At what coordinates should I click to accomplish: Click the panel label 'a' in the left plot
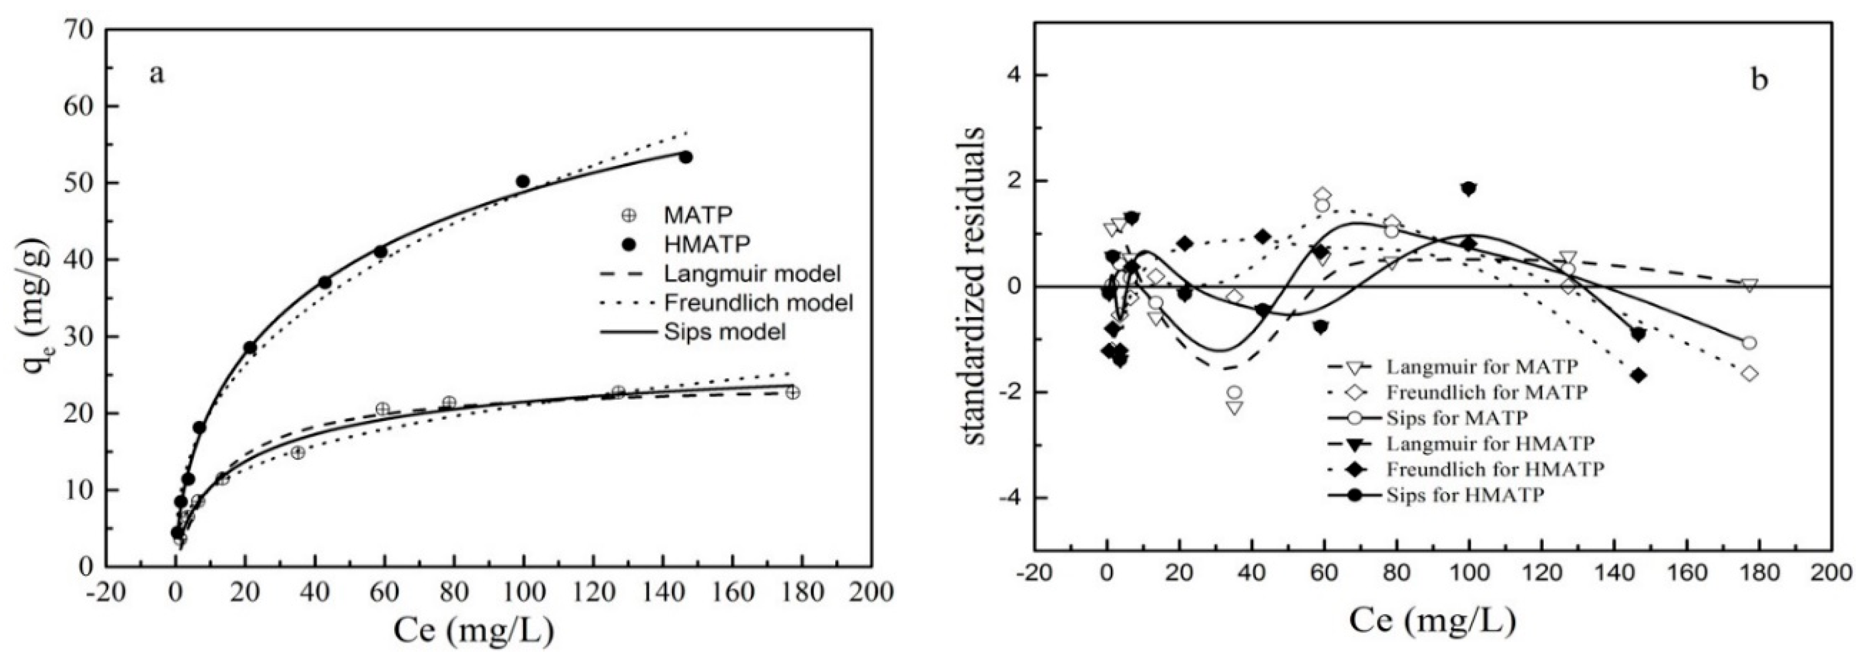(x=157, y=74)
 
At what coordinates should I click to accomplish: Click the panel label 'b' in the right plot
(x=1759, y=80)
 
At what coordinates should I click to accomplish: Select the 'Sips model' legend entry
(x=724, y=332)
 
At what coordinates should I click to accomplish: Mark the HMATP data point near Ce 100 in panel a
(x=523, y=181)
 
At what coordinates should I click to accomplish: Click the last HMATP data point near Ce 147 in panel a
(x=686, y=157)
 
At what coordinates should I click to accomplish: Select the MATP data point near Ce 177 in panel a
(x=793, y=392)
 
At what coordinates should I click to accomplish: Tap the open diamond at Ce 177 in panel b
(x=1749, y=373)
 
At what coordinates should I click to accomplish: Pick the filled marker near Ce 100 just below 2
(x=1468, y=189)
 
